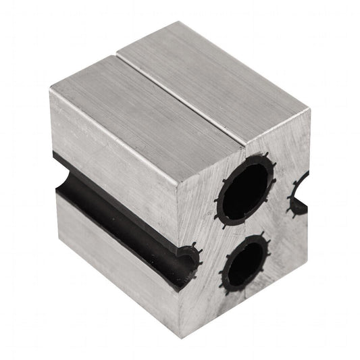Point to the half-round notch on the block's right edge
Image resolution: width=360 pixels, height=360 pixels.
pyautogui.click(x=297, y=197)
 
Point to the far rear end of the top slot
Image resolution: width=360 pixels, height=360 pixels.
pyautogui.click(x=116, y=53)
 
